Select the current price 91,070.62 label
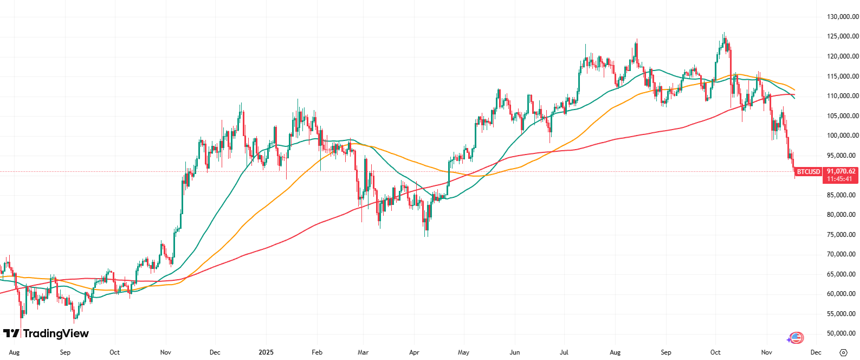(x=841, y=171)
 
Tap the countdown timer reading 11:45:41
(x=840, y=179)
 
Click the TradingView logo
(x=46, y=333)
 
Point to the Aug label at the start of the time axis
(x=15, y=352)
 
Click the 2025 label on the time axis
(x=266, y=352)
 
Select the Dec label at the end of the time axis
(x=816, y=352)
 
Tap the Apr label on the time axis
(x=415, y=352)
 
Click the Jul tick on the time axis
(x=564, y=352)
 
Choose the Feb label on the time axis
(x=317, y=352)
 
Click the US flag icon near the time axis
(x=796, y=338)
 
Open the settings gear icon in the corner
(x=843, y=352)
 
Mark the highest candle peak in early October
(x=724, y=33)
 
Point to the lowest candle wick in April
(x=426, y=236)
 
